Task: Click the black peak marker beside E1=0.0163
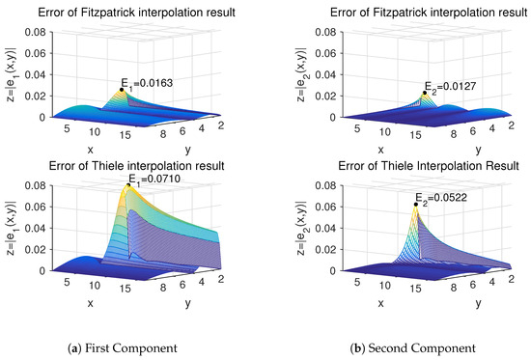point(122,90)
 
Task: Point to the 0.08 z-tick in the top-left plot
point(31,32)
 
